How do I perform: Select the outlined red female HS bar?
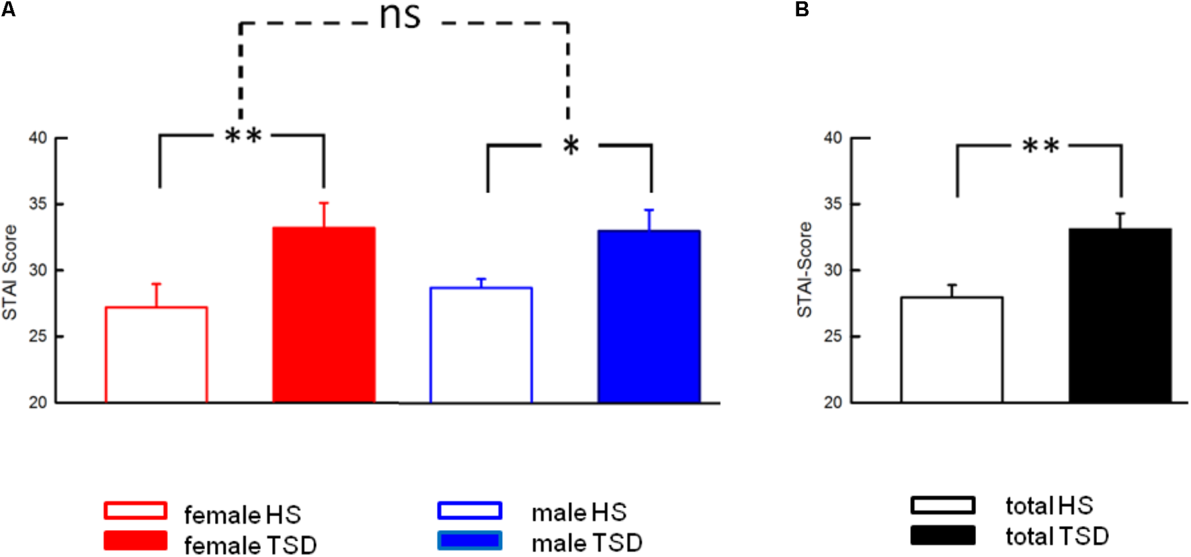click(156, 355)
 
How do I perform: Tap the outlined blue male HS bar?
click(481, 345)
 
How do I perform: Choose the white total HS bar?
click(951, 350)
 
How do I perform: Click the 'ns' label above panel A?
click(400, 16)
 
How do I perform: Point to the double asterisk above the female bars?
click(243, 137)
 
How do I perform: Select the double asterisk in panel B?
click(1040, 146)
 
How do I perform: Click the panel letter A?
click(7, 9)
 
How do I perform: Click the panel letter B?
click(802, 9)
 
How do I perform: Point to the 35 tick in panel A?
click(38, 204)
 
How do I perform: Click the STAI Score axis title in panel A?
click(9, 272)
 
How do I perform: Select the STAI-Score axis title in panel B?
click(805, 270)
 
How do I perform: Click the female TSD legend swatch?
click(135, 541)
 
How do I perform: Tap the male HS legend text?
click(579, 513)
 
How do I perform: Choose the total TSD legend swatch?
click(942, 535)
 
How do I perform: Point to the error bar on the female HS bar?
click(156, 295)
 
